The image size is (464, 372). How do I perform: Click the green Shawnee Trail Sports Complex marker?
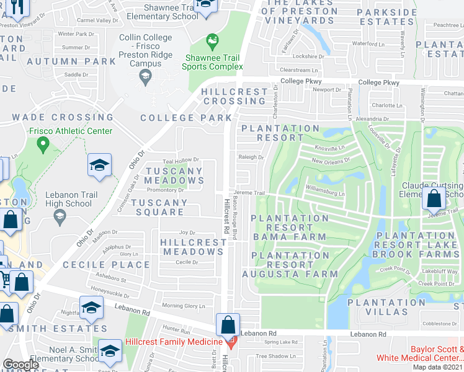pyautogui.click(x=212, y=42)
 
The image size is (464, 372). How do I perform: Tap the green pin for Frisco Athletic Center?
pyautogui.click(x=43, y=145)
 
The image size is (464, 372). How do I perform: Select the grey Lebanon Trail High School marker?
pyautogui.click(x=60, y=216)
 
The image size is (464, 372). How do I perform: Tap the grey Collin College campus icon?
pyautogui.click(x=145, y=77)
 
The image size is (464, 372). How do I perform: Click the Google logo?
pyautogui.click(x=20, y=364)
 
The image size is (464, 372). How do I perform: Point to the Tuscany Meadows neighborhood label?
pyautogui.click(x=174, y=175)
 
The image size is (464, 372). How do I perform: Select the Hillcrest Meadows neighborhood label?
pyautogui.click(x=192, y=247)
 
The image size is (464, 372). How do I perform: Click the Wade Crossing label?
pyautogui.click(x=63, y=117)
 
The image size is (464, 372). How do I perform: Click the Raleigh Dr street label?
pyautogui.click(x=251, y=157)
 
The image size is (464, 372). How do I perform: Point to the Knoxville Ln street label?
pyautogui.click(x=329, y=148)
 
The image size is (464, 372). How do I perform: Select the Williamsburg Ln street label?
pyautogui.click(x=325, y=193)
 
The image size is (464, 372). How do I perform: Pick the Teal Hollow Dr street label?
pyautogui.click(x=180, y=160)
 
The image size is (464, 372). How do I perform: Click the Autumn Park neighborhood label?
pyautogui.click(x=80, y=61)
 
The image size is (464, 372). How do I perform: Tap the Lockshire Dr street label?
pyautogui.click(x=308, y=56)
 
